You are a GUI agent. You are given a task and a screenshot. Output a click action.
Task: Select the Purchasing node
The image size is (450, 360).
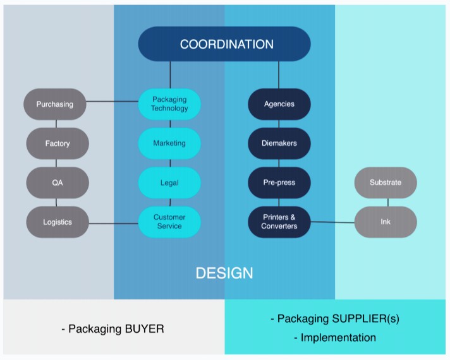[55, 104]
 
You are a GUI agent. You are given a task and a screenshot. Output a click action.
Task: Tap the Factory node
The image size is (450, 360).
[58, 143]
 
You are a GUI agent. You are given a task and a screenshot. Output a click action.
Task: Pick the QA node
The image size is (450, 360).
[58, 183]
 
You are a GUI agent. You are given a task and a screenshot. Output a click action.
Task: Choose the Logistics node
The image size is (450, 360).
[58, 222]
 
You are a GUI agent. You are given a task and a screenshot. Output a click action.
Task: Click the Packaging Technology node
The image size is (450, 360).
[169, 104]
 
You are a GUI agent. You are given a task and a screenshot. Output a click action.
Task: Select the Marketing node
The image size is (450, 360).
[169, 143]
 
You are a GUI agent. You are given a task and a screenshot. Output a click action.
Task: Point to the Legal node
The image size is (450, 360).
[169, 183]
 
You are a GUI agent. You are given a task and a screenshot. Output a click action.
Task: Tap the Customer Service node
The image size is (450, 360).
[169, 222]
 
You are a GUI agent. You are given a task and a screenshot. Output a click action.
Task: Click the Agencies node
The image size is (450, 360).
[279, 104]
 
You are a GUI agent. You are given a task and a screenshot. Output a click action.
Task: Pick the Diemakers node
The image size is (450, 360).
[279, 143]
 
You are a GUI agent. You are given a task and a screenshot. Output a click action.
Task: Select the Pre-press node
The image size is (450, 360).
[279, 183]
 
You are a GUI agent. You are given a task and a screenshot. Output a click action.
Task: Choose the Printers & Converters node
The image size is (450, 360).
[279, 222]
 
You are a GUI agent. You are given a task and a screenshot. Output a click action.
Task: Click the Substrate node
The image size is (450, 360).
[386, 183]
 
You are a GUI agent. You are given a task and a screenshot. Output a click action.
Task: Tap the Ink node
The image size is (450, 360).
[386, 222]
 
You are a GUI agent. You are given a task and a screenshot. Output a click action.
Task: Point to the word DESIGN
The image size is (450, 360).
[224, 273]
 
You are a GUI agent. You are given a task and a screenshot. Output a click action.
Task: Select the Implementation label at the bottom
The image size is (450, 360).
[337, 337]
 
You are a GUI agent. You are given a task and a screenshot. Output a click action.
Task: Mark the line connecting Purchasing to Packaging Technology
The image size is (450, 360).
[113, 101]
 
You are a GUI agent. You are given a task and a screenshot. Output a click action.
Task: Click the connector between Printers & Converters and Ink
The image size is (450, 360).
[332, 222]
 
